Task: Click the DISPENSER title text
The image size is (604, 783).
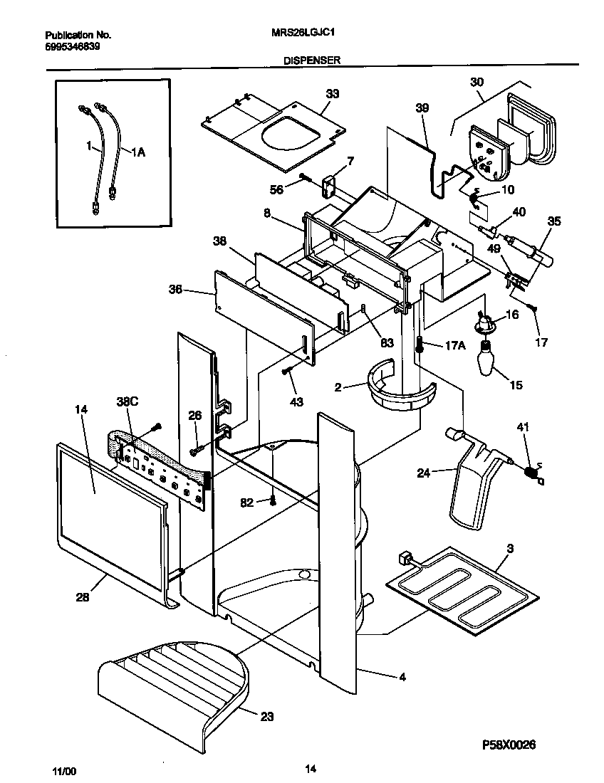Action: [312, 61]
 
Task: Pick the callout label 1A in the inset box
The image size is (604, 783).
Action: [137, 151]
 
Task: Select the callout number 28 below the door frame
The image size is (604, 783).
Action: [83, 598]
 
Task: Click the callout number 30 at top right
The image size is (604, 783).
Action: [476, 81]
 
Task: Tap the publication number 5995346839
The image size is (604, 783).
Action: [71, 46]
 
